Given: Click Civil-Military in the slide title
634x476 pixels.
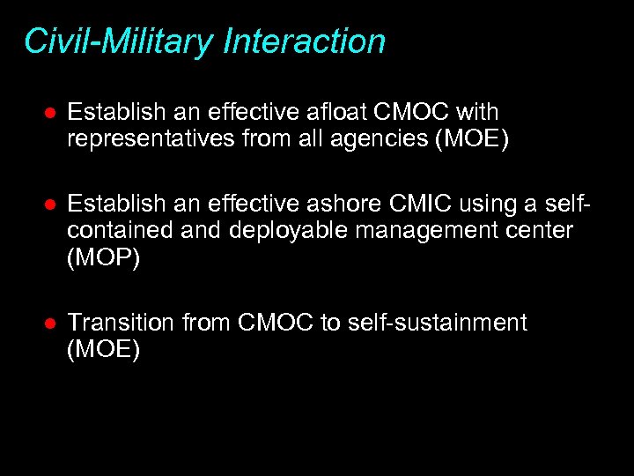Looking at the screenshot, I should tap(118, 41).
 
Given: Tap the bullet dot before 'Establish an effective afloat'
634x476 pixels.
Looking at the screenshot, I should tap(51, 114).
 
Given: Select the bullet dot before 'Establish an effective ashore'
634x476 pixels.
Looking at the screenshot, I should tap(51, 205).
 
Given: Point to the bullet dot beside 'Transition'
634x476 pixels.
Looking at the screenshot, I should tap(51, 324).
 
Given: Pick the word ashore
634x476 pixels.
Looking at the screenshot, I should tap(346, 205).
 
